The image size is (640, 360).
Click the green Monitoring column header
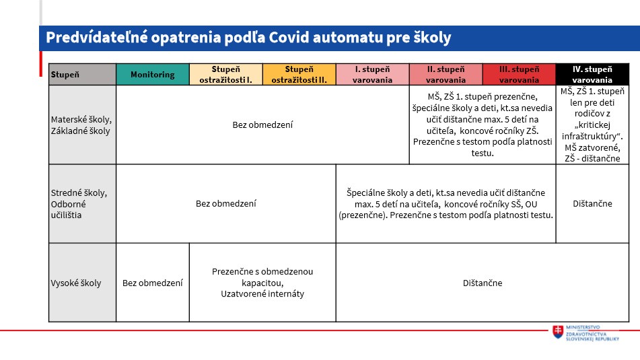coord(153,74)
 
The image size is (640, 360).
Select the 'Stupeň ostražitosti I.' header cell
coord(225,74)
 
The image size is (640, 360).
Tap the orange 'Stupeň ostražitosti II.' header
coord(299,74)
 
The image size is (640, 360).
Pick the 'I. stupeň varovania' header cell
coord(372,74)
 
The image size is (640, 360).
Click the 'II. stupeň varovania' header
coord(446,74)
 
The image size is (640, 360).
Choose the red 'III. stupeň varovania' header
coord(519,74)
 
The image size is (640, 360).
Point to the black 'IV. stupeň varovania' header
coord(592,74)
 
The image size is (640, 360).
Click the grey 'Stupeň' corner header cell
coord(83,74)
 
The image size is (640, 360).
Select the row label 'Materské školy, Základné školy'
coord(81,125)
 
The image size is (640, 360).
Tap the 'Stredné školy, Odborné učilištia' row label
coord(79,204)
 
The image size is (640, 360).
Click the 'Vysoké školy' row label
coord(76,283)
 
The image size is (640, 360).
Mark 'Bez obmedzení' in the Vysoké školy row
coord(153,283)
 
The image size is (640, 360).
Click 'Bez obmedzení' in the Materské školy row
coord(262,125)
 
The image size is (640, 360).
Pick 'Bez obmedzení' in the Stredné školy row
coord(225,204)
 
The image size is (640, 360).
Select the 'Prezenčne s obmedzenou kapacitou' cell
coord(262,277)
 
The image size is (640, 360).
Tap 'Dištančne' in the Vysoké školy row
coord(483,283)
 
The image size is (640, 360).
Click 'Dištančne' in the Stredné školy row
coord(592,204)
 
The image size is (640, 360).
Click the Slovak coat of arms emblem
coord(558,332)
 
